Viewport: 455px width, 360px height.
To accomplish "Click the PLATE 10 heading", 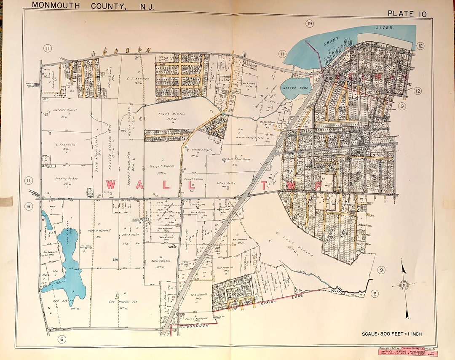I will coord(407,13).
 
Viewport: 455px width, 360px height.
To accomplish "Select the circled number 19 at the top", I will coord(310,24).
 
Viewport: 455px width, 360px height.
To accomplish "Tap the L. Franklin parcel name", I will coord(65,144).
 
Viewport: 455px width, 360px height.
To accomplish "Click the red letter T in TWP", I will coord(265,185).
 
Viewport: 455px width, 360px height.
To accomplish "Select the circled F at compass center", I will coord(404,285).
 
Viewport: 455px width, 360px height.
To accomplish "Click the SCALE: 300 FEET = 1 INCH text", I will coord(391,334).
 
